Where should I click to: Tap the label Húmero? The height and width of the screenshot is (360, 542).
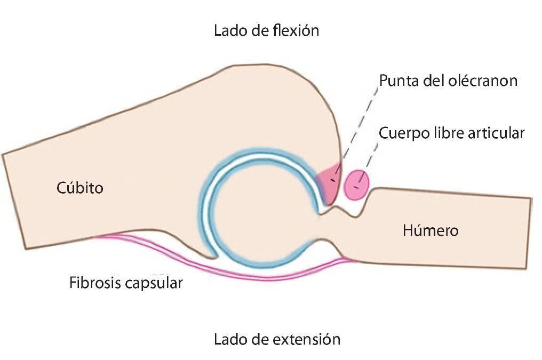click(431, 231)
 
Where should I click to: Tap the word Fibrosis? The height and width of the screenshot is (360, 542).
click(92, 283)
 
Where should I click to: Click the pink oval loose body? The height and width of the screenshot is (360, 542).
click(356, 185)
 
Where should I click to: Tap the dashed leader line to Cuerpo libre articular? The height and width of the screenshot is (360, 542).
click(369, 160)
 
